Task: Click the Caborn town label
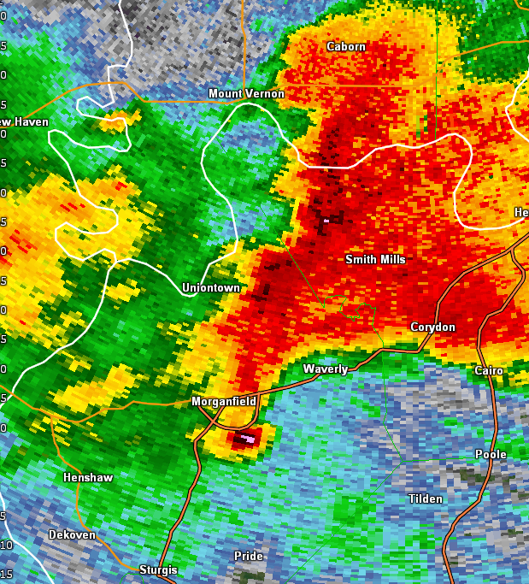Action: [x=346, y=46]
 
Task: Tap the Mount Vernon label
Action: [x=246, y=93]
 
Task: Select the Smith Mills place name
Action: [x=375, y=259]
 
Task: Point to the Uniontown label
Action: [x=210, y=288]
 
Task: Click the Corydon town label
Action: [x=432, y=327]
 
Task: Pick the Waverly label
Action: [x=326, y=369]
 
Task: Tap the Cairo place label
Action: [x=489, y=370]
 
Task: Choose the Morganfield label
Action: [x=223, y=401]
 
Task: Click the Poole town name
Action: [x=491, y=454]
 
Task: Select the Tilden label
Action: [x=426, y=498]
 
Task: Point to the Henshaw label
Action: [x=88, y=477]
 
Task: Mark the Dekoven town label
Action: [x=72, y=534]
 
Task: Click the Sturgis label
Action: [x=159, y=569]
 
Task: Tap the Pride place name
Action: [x=249, y=556]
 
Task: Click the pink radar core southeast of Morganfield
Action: [x=248, y=439]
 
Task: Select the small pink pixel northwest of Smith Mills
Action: [x=326, y=221]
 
